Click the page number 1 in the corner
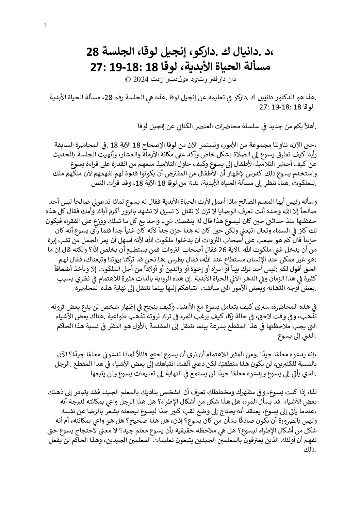click(45, 26)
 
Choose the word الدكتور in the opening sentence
click(284, 98)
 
